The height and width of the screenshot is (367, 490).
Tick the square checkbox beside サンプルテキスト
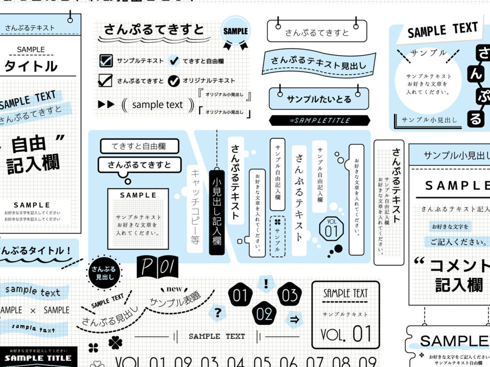(106, 61)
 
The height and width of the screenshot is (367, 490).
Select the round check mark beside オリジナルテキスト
(174, 80)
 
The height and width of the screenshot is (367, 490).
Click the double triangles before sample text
(106, 104)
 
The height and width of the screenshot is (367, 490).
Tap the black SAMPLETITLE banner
(317, 120)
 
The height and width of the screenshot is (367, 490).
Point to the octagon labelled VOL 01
(331, 228)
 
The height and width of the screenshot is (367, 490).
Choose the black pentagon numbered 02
(264, 314)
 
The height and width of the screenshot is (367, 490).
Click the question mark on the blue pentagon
(218, 313)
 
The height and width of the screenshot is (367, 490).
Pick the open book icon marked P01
(157, 267)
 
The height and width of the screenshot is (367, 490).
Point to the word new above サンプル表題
(174, 290)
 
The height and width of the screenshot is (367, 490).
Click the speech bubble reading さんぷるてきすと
(139, 165)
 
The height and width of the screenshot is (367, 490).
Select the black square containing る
(475, 118)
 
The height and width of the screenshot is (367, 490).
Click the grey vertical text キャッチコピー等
(194, 205)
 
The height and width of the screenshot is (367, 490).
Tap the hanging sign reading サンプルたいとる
(319, 99)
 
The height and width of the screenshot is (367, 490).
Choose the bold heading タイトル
(31, 66)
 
